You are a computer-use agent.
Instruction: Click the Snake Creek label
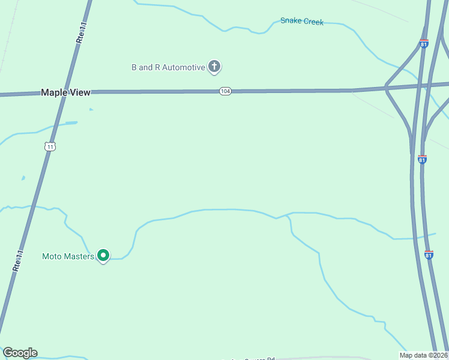(x=302, y=22)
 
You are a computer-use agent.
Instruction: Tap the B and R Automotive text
(x=168, y=67)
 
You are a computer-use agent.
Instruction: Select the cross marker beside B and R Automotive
(x=214, y=67)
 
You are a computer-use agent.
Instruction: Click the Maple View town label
(x=65, y=92)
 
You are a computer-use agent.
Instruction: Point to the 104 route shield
(x=225, y=91)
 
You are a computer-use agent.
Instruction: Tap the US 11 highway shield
(x=50, y=146)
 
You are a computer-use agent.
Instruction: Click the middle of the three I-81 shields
(x=423, y=159)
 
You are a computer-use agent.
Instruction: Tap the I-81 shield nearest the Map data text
(x=429, y=254)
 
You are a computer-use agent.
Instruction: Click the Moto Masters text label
(x=68, y=256)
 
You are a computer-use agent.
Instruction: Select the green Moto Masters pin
(x=103, y=256)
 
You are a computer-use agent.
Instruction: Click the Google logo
(x=20, y=353)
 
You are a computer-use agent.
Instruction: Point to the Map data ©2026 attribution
(x=424, y=355)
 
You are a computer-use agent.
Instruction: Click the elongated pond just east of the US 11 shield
(x=71, y=123)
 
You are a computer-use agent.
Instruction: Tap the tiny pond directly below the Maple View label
(x=91, y=109)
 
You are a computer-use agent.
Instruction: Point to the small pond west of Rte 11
(x=23, y=178)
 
